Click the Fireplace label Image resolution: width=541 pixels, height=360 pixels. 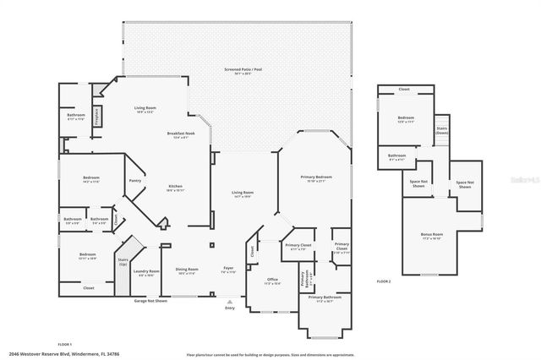97,115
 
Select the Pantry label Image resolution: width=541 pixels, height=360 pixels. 134,180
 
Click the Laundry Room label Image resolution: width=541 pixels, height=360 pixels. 146,271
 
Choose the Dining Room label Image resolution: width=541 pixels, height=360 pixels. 187,270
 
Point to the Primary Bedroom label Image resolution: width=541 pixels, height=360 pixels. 316,177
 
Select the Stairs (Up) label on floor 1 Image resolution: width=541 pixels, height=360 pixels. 122,263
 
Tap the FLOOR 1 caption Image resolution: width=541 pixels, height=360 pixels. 65,346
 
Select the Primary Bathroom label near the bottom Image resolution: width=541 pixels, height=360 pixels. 325,298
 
